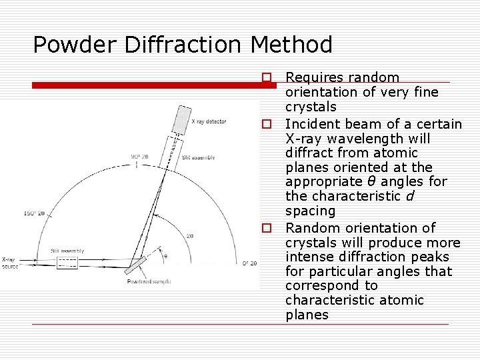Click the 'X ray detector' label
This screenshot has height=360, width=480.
pos(209,121)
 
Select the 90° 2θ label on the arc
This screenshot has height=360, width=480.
pos(141,157)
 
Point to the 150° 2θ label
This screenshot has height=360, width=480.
pos(34,213)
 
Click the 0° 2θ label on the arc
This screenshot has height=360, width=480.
pos(249,263)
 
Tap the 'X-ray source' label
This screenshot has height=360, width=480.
pos(10,263)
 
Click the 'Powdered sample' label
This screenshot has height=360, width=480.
pos(149,281)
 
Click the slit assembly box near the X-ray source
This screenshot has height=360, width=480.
pos(68,263)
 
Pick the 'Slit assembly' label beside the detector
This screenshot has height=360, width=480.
pos(199,157)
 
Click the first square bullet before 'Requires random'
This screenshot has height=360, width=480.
pos(266,78)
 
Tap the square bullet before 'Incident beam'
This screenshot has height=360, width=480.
pos(266,124)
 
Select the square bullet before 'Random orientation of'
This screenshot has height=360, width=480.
pos(266,228)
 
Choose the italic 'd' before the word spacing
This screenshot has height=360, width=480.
pos(409,197)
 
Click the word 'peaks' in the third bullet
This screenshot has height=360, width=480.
pos(431,257)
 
